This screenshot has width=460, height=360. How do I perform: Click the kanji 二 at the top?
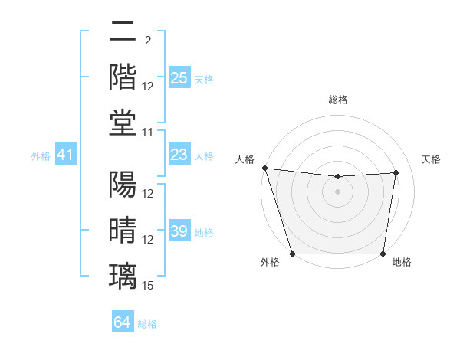point(123,33)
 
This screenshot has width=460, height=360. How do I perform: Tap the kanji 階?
point(123,77)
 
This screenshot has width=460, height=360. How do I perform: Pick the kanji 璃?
point(123,275)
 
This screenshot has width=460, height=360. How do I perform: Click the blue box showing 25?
point(179,78)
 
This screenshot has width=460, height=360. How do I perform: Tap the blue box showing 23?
point(179,155)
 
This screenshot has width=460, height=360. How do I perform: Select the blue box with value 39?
point(179,231)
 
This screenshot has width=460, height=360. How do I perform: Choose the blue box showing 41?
point(66,155)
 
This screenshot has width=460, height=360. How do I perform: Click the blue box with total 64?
point(122,322)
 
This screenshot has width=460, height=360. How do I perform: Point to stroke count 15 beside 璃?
point(148,286)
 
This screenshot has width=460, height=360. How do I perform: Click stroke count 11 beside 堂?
point(148,133)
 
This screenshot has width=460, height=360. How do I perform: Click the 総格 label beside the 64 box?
point(147,324)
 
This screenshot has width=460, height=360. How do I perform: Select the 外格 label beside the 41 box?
point(41,156)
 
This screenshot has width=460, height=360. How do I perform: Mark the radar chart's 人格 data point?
point(264,168)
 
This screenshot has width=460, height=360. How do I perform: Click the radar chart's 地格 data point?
point(383,254)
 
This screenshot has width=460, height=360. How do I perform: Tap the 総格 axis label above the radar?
point(337,100)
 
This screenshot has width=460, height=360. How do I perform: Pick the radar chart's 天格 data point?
point(396,172)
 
